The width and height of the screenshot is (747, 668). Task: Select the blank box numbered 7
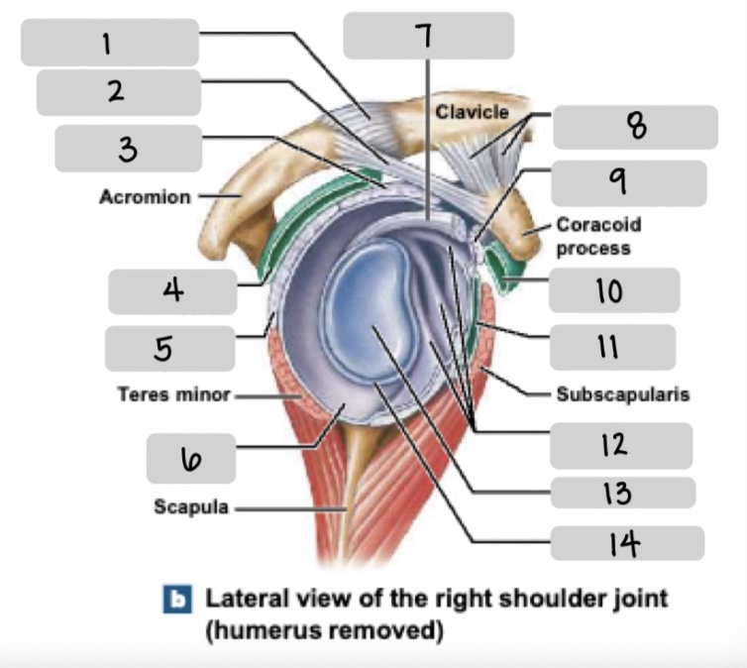(428, 36)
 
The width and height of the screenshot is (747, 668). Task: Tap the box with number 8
(634, 127)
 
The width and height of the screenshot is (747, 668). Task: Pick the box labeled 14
(627, 543)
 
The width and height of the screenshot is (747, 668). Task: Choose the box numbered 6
(190, 458)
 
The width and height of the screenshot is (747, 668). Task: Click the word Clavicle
(471, 112)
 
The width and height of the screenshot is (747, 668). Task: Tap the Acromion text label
(145, 197)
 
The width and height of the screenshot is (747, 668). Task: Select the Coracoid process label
(592, 236)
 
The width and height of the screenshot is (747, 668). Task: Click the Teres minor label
(173, 395)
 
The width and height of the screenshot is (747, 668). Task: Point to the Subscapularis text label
(622, 394)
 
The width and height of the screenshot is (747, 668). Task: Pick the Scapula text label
(191, 507)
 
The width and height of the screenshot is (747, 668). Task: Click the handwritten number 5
(163, 348)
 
